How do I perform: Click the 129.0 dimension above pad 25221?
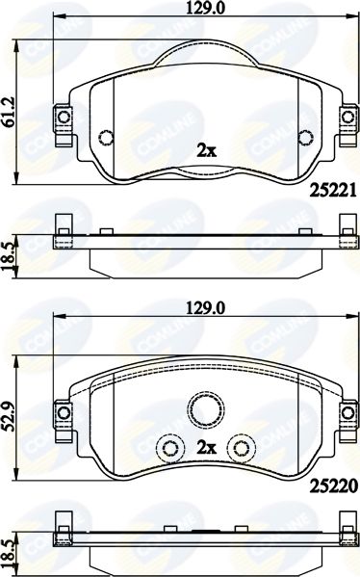pyautogui.click(x=205, y=8)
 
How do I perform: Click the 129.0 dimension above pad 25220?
pyautogui.click(x=205, y=307)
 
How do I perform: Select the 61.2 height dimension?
pyautogui.click(x=8, y=113)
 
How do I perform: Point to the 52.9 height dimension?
pyautogui.click(x=8, y=416)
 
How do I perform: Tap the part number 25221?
pyautogui.click(x=333, y=191)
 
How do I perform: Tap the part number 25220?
pyautogui.click(x=333, y=486)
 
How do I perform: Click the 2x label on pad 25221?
pyautogui.click(x=207, y=150)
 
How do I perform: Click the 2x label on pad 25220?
pyautogui.click(x=207, y=447)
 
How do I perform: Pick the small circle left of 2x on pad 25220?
pyautogui.click(x=170, y=448)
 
